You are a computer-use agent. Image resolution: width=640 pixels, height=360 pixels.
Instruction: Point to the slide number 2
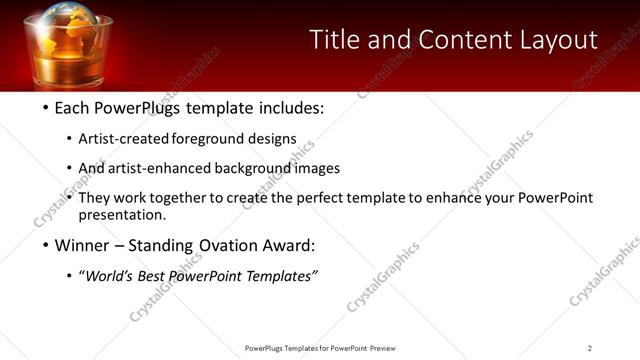(x=590, y=348)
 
